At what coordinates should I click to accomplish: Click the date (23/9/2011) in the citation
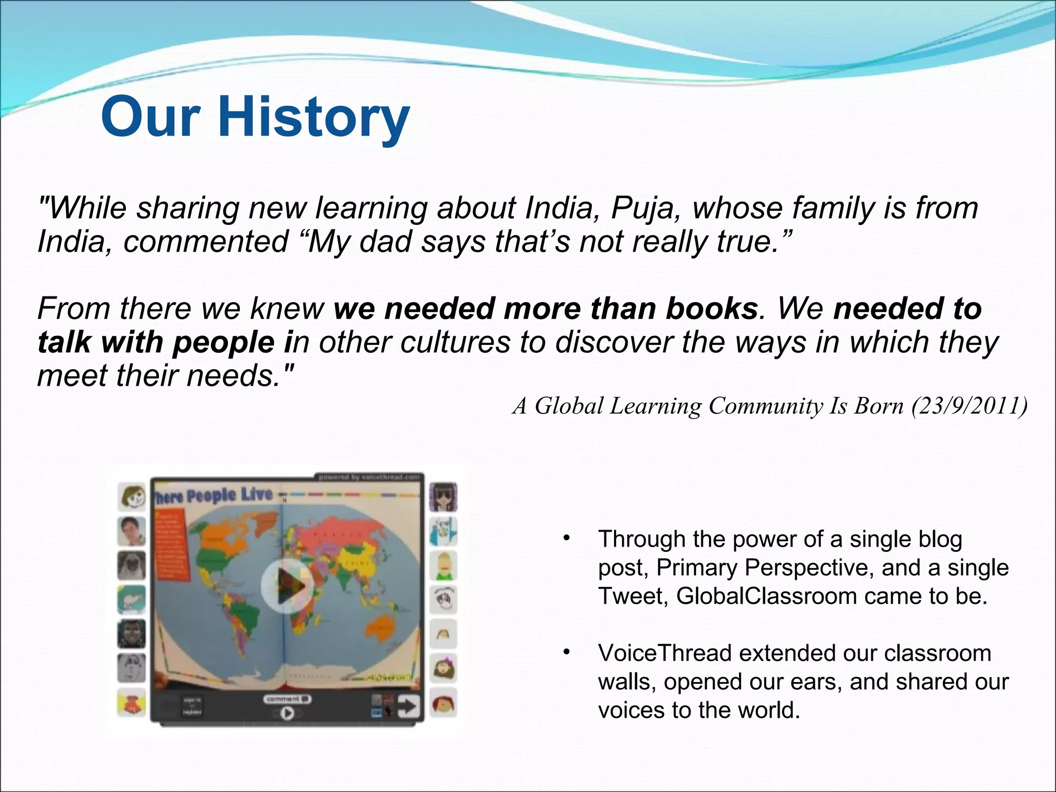[969, 406]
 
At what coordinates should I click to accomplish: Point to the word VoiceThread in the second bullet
[665, 653]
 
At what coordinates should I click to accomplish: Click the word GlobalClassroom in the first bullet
[766, 596]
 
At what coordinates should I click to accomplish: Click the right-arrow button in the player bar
[409, 707]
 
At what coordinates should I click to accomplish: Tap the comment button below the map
[287, 699]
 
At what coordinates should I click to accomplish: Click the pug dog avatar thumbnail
[131, 566]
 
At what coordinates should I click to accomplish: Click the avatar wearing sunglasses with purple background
[443, 497]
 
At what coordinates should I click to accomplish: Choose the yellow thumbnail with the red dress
[131, 703]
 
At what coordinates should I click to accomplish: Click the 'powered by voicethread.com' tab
[368, 477]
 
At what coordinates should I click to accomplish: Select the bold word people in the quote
[223, 342]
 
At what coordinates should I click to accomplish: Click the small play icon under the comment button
[287, 713]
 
